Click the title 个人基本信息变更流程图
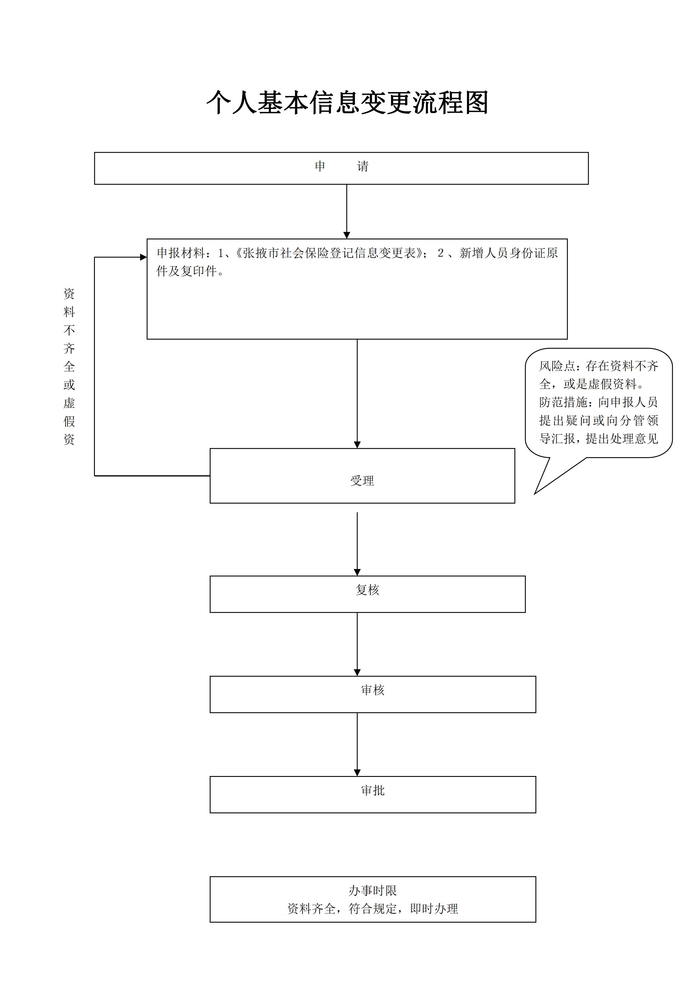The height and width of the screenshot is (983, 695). click(x=347, y=103)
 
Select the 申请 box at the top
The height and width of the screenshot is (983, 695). click(x=341, y=168)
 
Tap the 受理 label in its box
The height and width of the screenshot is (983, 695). click(x=362, y=481)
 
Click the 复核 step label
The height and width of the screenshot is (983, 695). click(x=367, y=590)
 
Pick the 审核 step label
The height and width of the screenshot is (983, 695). click(x=373, y=690)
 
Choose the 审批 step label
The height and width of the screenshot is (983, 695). click(x=373, y=790)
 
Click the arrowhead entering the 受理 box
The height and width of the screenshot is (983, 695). click(x=357, y=445)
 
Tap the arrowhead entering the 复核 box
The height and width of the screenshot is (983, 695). click(x=357, y=573)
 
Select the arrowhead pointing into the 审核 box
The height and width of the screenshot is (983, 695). click(x=357, y=673)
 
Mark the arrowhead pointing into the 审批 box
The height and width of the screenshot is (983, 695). click(x=357, y=773)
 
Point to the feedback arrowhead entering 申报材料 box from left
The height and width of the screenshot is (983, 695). click(x=143, y=257)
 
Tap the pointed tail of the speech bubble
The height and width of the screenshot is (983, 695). click(x=535, y=494)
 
